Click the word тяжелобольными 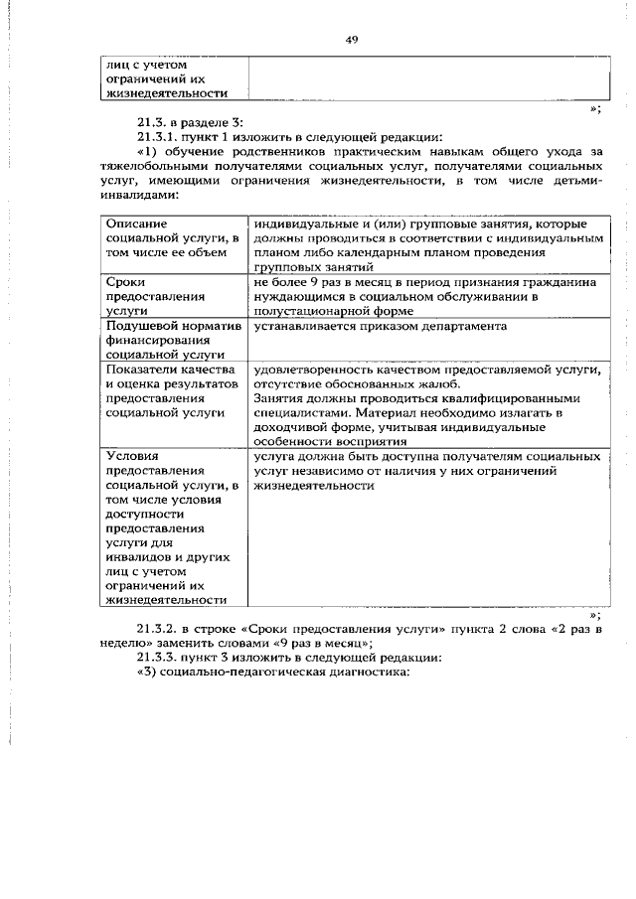click(161, 166)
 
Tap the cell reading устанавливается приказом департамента click(380, 327)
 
